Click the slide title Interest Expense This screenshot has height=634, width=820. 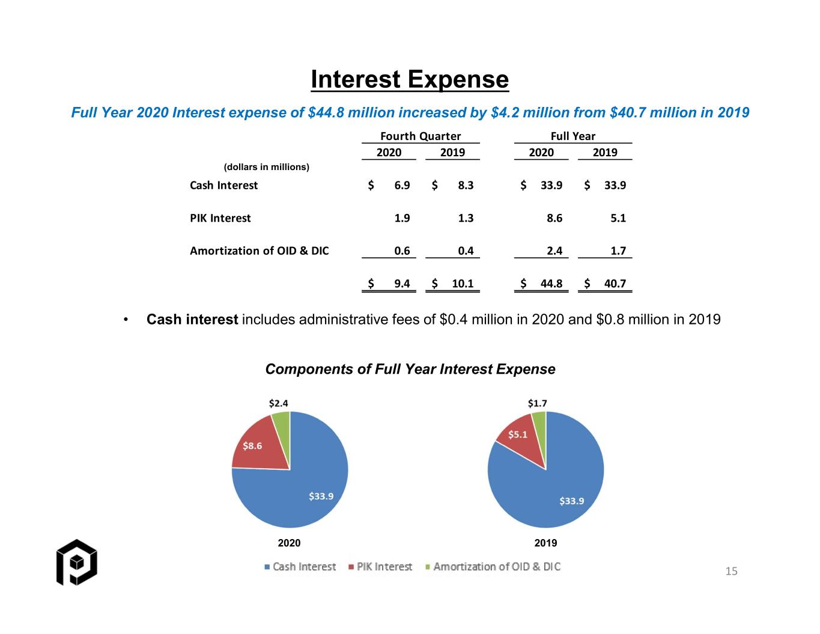click(410, 79)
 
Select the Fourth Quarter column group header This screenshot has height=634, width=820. click(421, 136)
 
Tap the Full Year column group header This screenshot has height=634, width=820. click(573, 136)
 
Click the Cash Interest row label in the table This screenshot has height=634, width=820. click(224, 185)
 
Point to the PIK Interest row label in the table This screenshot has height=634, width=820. click(220, 218)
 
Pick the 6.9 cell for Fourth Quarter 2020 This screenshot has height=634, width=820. click(402, 185)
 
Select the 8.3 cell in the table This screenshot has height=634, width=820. click(466, 185)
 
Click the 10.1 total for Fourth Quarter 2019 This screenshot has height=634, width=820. click(463, 284)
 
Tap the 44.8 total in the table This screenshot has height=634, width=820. click(551, 284)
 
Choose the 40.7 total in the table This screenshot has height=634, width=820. click(615, 284)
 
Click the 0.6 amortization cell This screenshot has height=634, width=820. click(402, 251)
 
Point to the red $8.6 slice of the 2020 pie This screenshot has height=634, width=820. click(260, 445)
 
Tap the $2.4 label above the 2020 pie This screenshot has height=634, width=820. click(279, 403)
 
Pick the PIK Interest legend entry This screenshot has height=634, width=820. click(380, 567)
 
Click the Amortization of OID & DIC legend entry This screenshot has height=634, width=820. click(493, 567)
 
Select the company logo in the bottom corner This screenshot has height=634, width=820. click(77, 562)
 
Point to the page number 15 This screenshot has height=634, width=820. click(731, 572)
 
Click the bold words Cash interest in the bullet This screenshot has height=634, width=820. click(192, 320)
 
